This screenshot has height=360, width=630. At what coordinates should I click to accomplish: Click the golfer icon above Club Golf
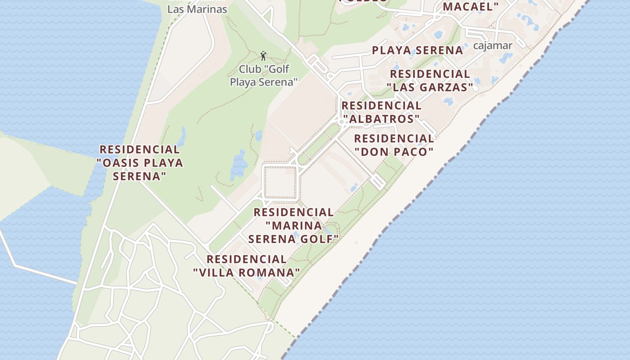tap(264, 56)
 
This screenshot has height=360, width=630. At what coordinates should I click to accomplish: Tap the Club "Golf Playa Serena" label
tap(264, 76)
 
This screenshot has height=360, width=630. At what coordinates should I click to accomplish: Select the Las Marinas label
tap(197, 9)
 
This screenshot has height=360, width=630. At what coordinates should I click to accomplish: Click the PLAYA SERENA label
tap(418, 50)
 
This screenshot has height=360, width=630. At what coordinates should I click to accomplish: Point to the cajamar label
tap(493, 45)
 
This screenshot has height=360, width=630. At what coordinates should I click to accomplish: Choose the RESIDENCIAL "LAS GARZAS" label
tap(430, 81)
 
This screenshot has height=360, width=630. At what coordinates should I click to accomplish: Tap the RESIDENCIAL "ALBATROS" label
tap(381, 112)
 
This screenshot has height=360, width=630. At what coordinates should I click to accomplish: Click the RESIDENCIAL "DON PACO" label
tap(394, 145)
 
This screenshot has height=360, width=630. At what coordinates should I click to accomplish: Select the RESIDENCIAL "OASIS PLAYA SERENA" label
tap(140, 162)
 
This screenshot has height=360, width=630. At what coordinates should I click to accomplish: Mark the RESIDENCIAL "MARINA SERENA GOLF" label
tap(293, 225)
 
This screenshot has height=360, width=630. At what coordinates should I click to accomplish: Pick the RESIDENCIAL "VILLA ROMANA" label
tap(246, 266)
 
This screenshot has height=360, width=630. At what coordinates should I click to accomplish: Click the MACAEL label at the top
tap(471, 6)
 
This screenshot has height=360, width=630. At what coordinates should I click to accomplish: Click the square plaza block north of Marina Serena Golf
tap(280, 182)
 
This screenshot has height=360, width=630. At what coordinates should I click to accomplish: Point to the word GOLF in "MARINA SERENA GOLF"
tap(319, 239)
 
